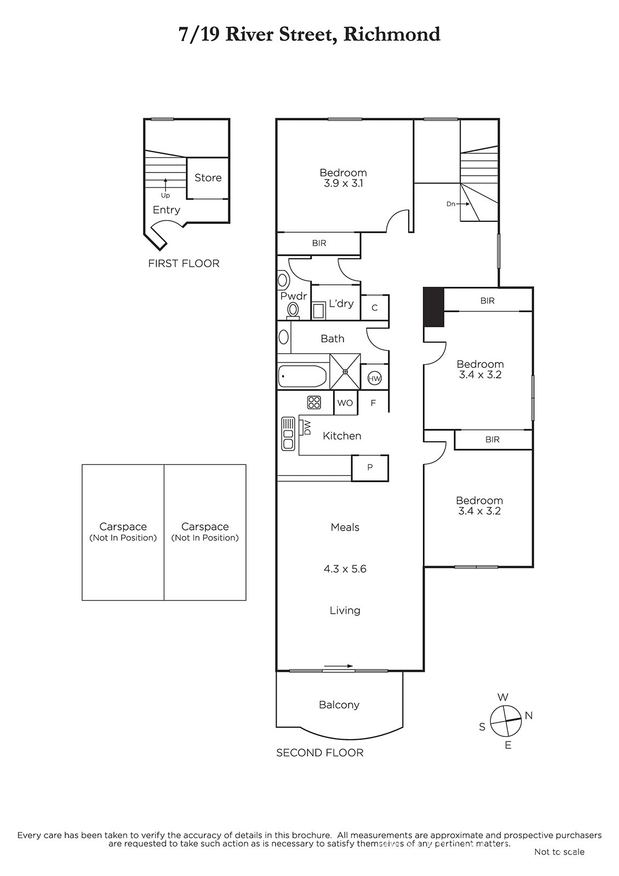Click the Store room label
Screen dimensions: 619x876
point(208,177)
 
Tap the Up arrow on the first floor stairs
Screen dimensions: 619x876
point(165,185)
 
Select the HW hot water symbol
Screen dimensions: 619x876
point(375,378)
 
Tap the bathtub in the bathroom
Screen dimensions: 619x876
point(302,376)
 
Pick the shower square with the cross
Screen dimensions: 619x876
point(345,372)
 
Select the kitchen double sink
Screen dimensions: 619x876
point(288,434)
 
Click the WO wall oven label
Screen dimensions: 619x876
point(345,403)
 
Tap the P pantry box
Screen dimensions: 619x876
point(370,468)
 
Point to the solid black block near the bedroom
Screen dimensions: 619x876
point(434,307)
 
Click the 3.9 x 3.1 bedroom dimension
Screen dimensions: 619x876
point(343,183)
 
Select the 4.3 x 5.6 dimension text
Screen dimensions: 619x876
point(345,569)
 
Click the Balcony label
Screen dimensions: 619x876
point(339,705)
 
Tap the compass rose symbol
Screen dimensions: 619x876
point(506,721)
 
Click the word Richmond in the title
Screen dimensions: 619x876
point(392,34)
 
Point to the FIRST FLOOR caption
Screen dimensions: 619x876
point(184,263)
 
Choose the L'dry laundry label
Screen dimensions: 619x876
point(341,303)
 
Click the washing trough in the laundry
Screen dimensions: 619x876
point(318,312)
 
